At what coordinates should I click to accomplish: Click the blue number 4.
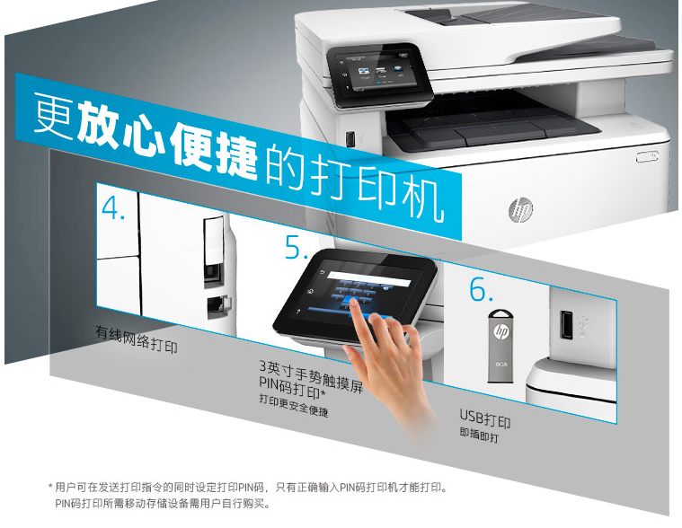point(113,207)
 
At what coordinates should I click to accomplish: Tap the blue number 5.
point(297,247)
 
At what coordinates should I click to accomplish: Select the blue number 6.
point(481,288)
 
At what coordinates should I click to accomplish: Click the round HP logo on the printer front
point(520,209)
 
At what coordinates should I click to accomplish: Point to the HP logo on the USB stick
point(500,331)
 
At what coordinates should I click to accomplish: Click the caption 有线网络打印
point(137,339)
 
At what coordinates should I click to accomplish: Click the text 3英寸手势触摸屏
point(311,376)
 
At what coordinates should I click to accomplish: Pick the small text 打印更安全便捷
point(293,405)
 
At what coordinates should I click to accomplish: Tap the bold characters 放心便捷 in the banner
point(167,139)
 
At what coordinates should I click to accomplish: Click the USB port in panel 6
point(566,324)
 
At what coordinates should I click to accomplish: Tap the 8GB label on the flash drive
point(501,364)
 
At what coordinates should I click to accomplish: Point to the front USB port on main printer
point(350,139)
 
